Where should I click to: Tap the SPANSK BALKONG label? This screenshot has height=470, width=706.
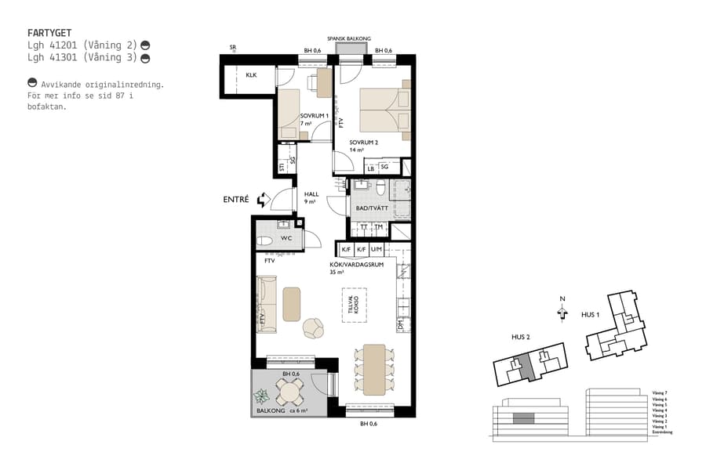[x=349, y=38]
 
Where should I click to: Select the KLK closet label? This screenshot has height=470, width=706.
[x=251, y=75]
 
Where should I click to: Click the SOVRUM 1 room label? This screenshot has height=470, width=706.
[x=314, y=116]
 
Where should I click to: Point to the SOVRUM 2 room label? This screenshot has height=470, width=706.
[x=364, y=143]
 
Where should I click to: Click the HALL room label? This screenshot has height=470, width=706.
[x=311, y=194]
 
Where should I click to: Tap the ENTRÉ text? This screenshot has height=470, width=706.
[x=235, y=200]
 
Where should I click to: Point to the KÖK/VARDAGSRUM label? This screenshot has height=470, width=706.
[x=356, y=265]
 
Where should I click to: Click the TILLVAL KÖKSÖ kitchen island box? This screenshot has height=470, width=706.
[x=353, y=305]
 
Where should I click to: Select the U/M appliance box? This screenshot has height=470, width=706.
[x=377, y=249]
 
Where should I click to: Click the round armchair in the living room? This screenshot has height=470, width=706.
[x=313, y=329]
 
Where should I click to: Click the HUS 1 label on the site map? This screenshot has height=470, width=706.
[x=591, y=314]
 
